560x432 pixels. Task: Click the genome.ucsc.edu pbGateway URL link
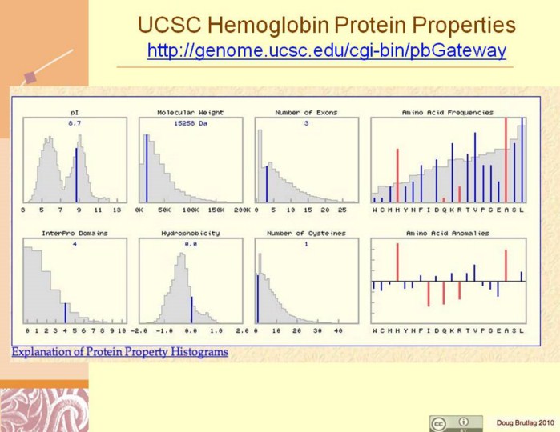click(x=326, y=51)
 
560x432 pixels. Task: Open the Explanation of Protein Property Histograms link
click(x=119, y=351)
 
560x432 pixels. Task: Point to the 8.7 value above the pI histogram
click(x=75, y=123)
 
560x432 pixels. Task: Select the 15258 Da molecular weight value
click(x=190, y=123)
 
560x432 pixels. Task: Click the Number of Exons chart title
click(x=307, y=113)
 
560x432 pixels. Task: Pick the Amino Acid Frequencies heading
click(x=448, y=113)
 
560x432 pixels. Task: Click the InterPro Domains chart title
click(x=75, y=233)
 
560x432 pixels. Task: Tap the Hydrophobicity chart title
click(x=191, y=233)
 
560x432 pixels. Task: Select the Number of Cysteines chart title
click(x=307, y=233)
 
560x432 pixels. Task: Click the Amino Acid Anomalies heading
click(x=448, y=233)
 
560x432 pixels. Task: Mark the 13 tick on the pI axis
click(x=117, y=210)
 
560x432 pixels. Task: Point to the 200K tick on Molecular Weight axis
click(x=242, y=210)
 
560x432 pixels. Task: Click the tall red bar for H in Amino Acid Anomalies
click(x=397, y=262)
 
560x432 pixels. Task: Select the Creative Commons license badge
click(x=456, y=422)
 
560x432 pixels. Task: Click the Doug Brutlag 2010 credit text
click(x=524, y=422)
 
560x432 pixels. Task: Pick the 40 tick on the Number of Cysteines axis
click(x=338, y=330)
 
